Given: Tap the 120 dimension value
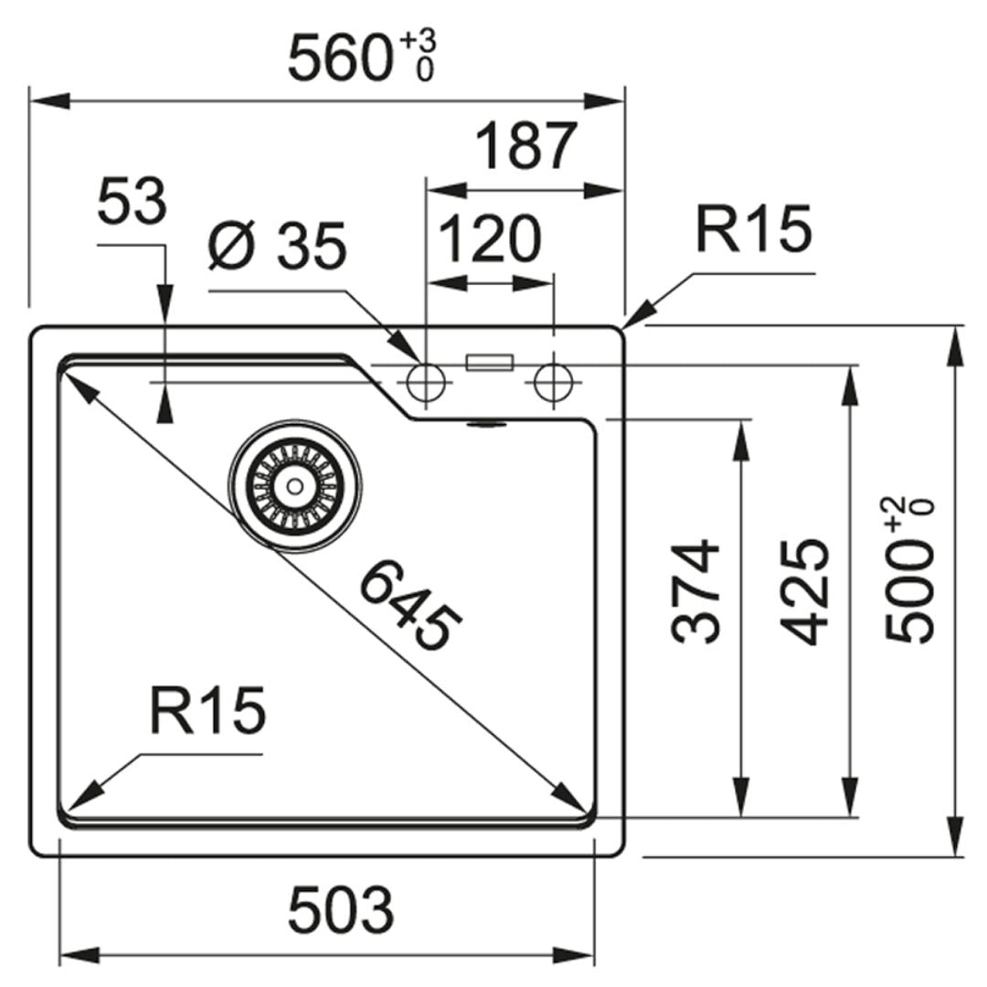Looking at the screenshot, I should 491,239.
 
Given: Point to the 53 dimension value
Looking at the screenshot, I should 132,203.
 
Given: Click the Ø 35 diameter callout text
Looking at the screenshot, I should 277,246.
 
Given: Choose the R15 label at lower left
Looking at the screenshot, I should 207,711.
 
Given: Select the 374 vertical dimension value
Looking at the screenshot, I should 697,590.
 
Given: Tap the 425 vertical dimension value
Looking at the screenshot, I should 807,590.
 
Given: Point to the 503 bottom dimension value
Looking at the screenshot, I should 341,910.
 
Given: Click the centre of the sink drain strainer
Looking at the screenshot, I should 294,485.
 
